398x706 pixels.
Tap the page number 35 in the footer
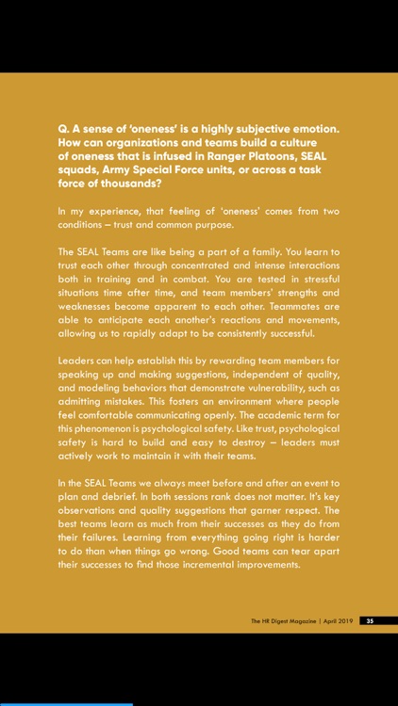[370, 620]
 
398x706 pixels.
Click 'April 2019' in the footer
[338, 620]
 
